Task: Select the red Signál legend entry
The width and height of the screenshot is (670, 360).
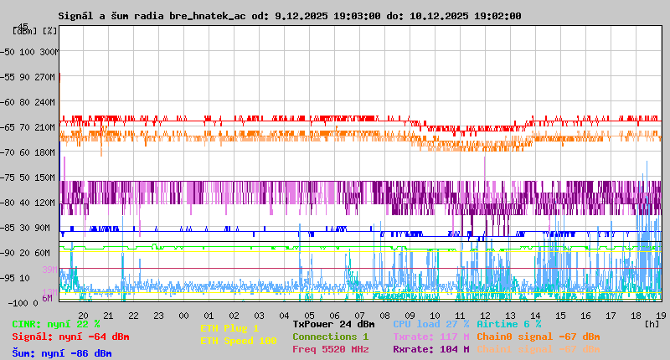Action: pyautogui.click(x=70, y=337)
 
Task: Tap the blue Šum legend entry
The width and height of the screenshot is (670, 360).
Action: pyautogui.click(x=62, y=352)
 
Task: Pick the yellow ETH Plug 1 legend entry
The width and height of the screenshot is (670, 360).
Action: pyautogui.click(x=229, y=328)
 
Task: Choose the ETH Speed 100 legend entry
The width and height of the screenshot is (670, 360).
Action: pyautogui.click(x=239, y=341)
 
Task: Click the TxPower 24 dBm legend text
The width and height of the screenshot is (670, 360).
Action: pyautogui.click(x=333, y=324)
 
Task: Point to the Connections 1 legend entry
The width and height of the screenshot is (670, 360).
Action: pyautogui.click(x=331, y=337)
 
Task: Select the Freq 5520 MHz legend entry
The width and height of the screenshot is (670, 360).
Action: pyautogui.click(x=331, y=349)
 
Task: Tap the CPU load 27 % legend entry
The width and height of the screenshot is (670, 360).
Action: pyautogui.click(x=431, y=324)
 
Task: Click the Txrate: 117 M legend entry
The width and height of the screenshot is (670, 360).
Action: pyautogui.click(x=431, y=337)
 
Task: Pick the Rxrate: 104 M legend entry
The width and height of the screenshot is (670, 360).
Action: pyautogui.click(x=431, y=349)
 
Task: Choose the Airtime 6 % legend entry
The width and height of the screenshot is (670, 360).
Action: pyautogui.click(x=508, y=324)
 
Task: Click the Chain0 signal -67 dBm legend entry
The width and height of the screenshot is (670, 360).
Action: pyautogui.click(x=538, y=337)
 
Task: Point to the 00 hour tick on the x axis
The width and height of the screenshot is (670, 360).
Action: pyautogui.click(x=183, y=315)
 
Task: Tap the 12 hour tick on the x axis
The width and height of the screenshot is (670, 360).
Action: pyautogui.click(x=485, y=315)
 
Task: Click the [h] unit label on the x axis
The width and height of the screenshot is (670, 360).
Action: pyautogui.click(x=652, y=323)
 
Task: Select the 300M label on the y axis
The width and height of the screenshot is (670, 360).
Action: pyautogui.click(x=49, y=52)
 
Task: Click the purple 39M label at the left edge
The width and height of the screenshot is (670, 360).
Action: pyautogui.click(x=49, y=270)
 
